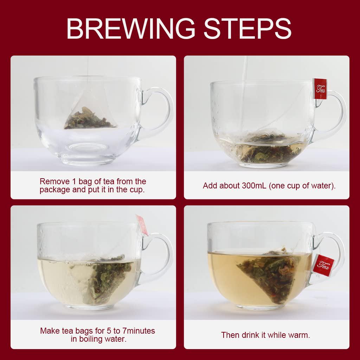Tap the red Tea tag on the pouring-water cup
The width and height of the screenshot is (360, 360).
point(320,88)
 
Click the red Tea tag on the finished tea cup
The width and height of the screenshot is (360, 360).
point(323,264)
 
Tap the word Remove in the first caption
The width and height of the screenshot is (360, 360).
point(53,181)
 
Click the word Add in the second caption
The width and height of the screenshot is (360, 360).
point(210,186)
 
